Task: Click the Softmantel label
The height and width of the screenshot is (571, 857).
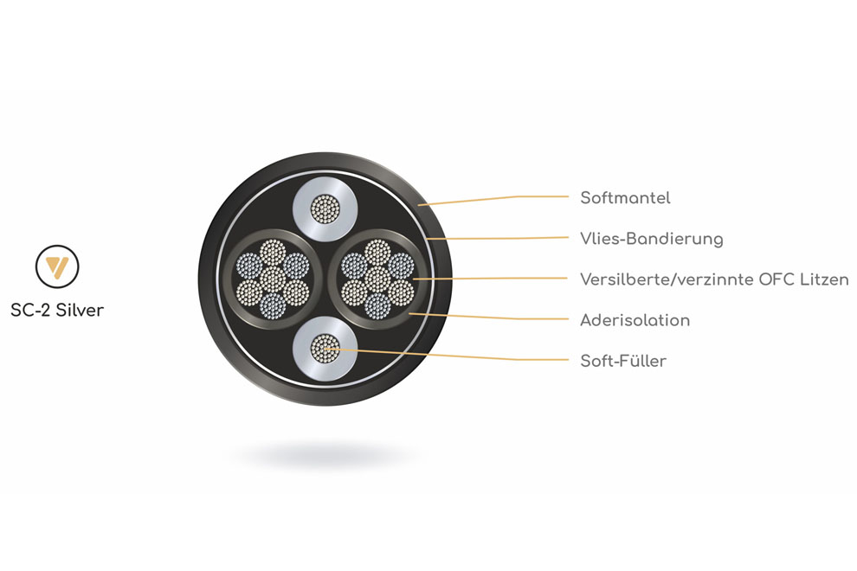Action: (x=625, y=198)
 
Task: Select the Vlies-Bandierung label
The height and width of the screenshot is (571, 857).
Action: (x=651, y=239)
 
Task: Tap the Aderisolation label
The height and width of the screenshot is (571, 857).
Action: (x=635, y=321)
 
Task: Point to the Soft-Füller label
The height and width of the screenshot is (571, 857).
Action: (x=623, y=361)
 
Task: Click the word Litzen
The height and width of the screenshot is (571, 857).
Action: (x=822, y=279)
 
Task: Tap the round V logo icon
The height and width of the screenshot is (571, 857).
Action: (x=57, y=266)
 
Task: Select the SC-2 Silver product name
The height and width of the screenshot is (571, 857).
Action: (x=57, y=310)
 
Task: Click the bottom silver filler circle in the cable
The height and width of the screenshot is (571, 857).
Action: (x=325, y=350)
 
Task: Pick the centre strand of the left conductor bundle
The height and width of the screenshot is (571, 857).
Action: (x=273, y=279)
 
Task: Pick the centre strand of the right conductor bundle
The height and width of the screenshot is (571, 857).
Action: (x=377, y=279)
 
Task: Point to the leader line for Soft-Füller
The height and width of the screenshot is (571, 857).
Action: (x=433, y=355)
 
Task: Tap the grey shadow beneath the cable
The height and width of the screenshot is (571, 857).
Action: (x=325, y=453)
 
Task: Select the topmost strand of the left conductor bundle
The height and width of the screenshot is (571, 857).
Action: (x=273, y=252)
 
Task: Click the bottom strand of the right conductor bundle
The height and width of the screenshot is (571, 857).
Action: (x=377, y=305)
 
